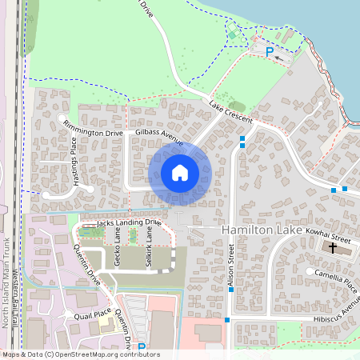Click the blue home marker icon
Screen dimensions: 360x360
click(x=180, y=172)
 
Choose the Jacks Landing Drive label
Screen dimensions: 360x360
click(x=129, y=222)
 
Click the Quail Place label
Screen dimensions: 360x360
click(x=92, y=315)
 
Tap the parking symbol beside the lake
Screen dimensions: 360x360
click(x=270, y=51)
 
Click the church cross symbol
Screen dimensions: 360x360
click(x=332, y=249)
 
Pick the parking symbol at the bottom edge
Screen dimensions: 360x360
click(x=142, y=347)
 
